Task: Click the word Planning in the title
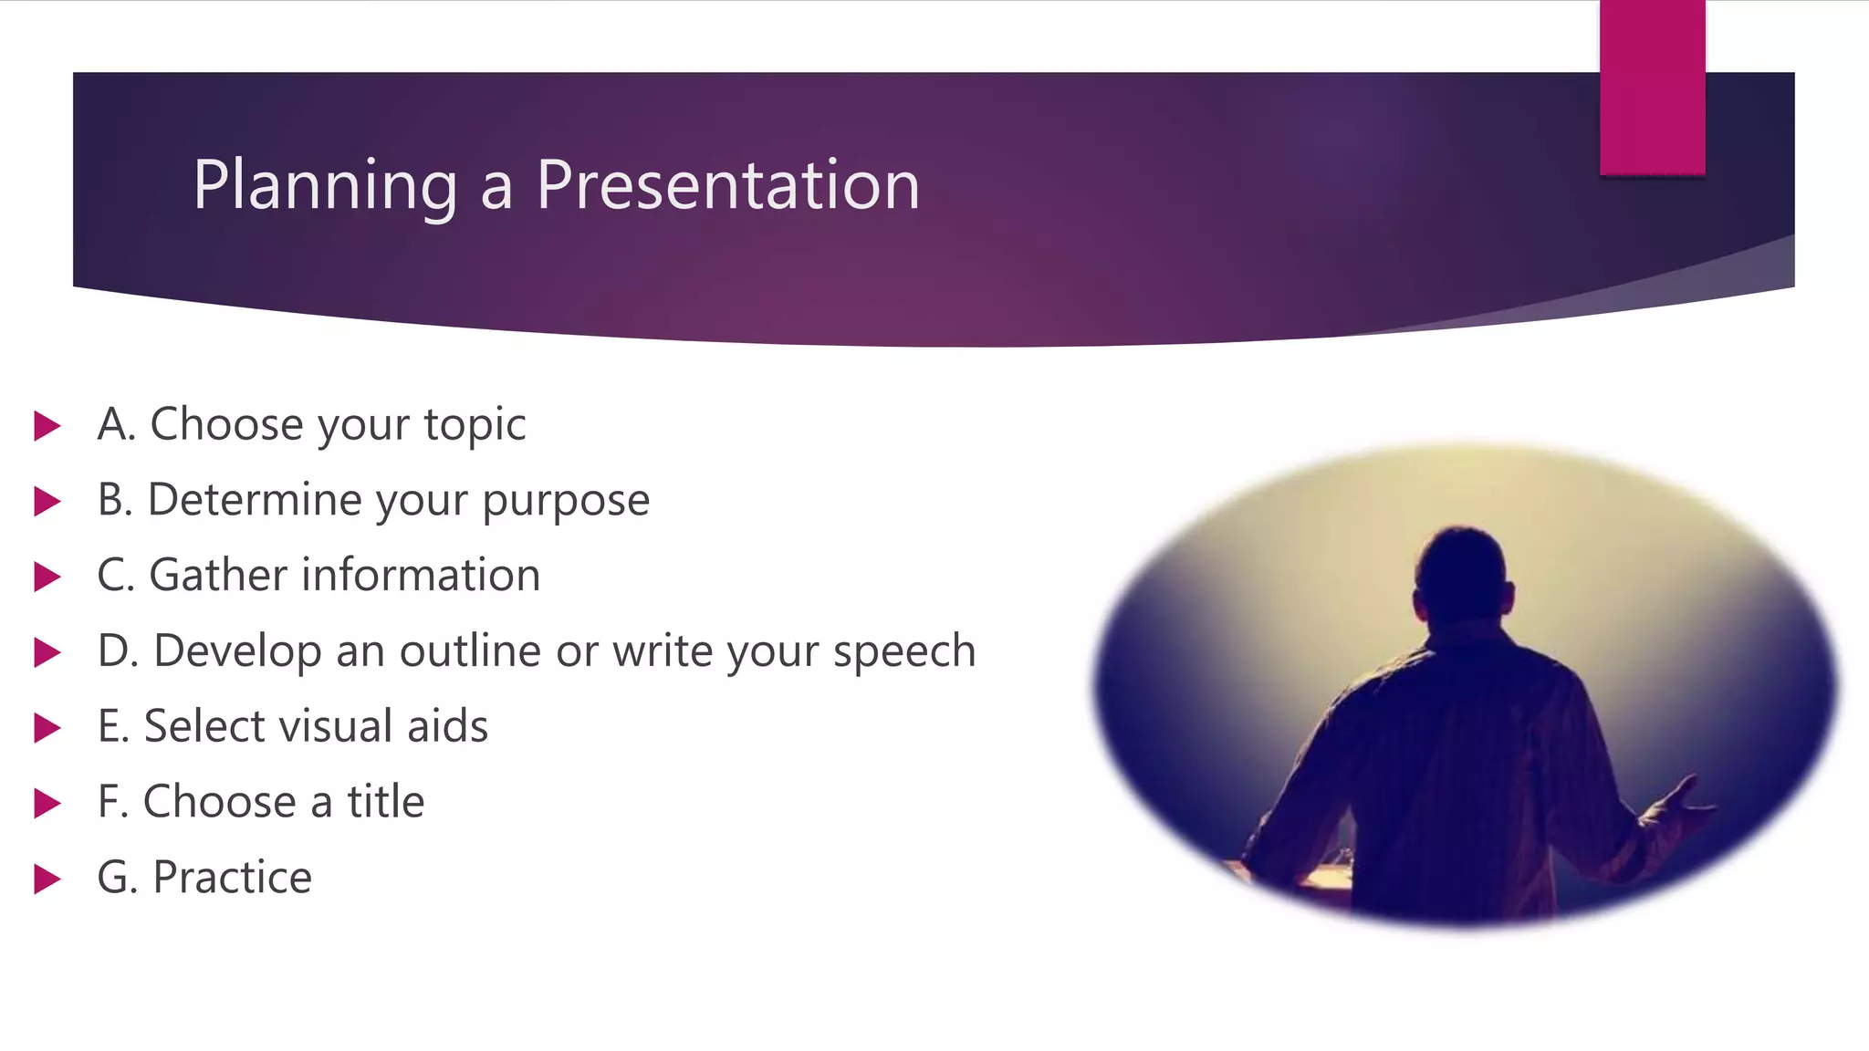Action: coord(325,186)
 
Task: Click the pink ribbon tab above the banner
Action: coord(1652,88)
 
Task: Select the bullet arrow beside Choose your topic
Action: coord(47,425)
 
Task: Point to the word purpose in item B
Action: coord(566,502)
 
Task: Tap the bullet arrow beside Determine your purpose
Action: coord(47,501)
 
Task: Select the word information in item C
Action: coord(422,575)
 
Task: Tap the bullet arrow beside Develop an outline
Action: coord(47,652)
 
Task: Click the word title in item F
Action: coord(385,802)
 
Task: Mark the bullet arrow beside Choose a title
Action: coord(47,804)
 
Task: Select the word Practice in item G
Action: coord(232,878)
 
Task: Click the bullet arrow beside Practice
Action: coord(47,879)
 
